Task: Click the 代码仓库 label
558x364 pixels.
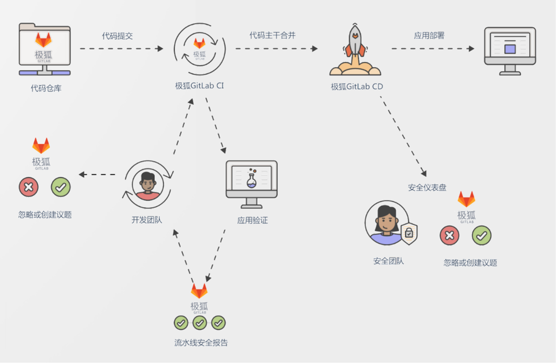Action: pyautogui.click(x=46, y=88)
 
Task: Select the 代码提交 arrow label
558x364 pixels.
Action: pyautogui.click(x=117, y=36)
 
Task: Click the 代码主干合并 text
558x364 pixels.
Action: pyautogui.click(x=272, y=35)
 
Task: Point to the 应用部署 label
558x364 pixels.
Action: pyautogui.click(x=429, y=35)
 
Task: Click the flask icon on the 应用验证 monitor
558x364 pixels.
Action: pyautogui.click(x=251, y=179)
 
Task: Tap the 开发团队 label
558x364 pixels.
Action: pyautogui.click(x=147, y=220)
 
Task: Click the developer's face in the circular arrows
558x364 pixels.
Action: pyautogui.click(x=148, y=183)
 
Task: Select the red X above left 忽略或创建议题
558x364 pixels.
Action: pyautogui.click(x=29, y=187)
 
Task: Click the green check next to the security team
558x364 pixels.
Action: pyautogui.click(x=481, y=236)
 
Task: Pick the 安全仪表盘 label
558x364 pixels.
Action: pyautogui.click(x=427, y=187)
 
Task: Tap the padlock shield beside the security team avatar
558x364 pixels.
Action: pyautogui.click(x=409, y=233)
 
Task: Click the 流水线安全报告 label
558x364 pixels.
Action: pyautogui.click(x=201, y=343)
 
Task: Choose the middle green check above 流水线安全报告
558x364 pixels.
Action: pyautogui.click(x=200, y=323)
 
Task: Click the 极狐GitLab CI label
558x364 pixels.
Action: pyautogui.click(x=199, y=86)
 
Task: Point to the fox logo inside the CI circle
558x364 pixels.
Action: pyautogui.click(x=199, y=43)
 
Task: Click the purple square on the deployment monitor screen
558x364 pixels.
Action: pyautogui.click(x=510, y=49)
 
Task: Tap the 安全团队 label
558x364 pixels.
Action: pyautogui.click(x=388, y=261)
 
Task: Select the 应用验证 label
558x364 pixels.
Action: pyautogui.click(x=252, y=220)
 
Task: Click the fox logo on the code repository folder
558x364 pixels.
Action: pyautogui.click(x=43, y=40)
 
